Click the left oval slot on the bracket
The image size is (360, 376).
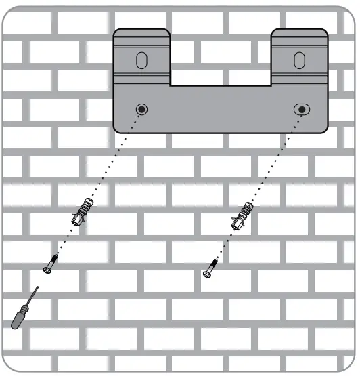[x=140, y=60]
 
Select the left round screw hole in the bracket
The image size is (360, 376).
[x=141, y=110]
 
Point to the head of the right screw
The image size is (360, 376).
[x=206, y=274]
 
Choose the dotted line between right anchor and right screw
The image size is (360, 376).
[x=227, y=241]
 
